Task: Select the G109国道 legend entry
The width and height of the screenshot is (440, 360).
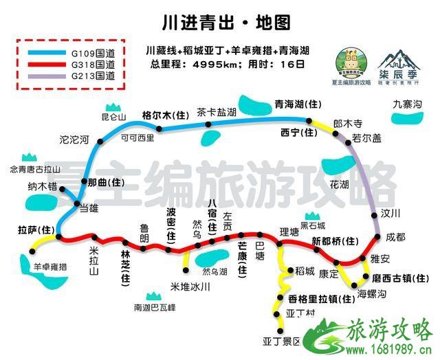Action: [x=90, y=52]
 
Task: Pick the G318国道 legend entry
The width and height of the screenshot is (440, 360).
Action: [x=90, y=64]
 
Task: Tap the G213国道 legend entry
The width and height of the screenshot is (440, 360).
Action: [x=90, y=76]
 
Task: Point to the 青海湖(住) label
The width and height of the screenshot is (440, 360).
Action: [x=298, y=104]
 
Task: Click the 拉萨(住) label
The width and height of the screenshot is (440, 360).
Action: [x=35, y=228]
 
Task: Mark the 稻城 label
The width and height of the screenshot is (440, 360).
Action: [x=305, y=271]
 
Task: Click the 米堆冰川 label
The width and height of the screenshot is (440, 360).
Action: [x=188, y=286]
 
